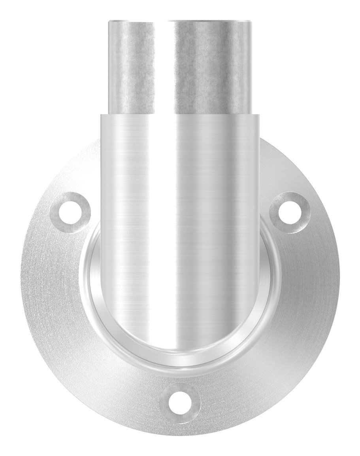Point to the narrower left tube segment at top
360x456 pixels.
click(131, 67)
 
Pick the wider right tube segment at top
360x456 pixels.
click(211, 67)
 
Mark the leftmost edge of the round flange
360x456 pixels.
click(21, 285)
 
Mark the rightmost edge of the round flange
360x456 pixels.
click(339, 285)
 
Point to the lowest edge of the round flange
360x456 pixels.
click(180, 435)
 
